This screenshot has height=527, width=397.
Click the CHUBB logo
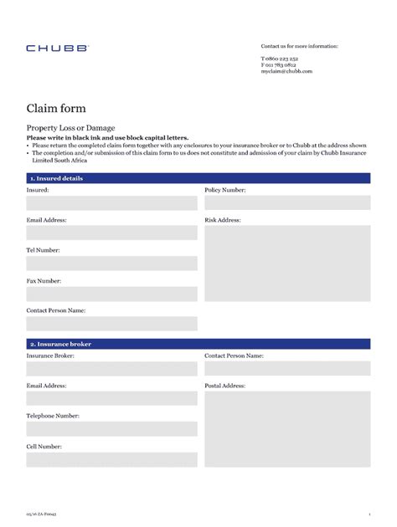coord(56,49)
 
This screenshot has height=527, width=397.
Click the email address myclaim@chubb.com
coord(286,71)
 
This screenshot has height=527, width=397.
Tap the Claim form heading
coord(56,108)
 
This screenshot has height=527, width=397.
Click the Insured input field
coord(111,202)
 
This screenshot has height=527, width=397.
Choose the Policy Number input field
coord(286,202)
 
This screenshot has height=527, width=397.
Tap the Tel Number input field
coord(111,263)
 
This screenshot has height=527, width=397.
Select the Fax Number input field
coord(111,294)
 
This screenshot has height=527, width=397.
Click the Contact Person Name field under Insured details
coord(111,323)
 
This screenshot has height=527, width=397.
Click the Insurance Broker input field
coord(111,368)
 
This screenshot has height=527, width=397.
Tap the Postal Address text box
coord(286,429)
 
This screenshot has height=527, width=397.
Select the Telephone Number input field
coord(111,428)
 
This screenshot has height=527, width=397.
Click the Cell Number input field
coord(111,459)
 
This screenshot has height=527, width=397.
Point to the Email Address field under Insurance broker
coord(111,398)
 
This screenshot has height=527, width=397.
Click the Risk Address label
coord(223,220)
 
